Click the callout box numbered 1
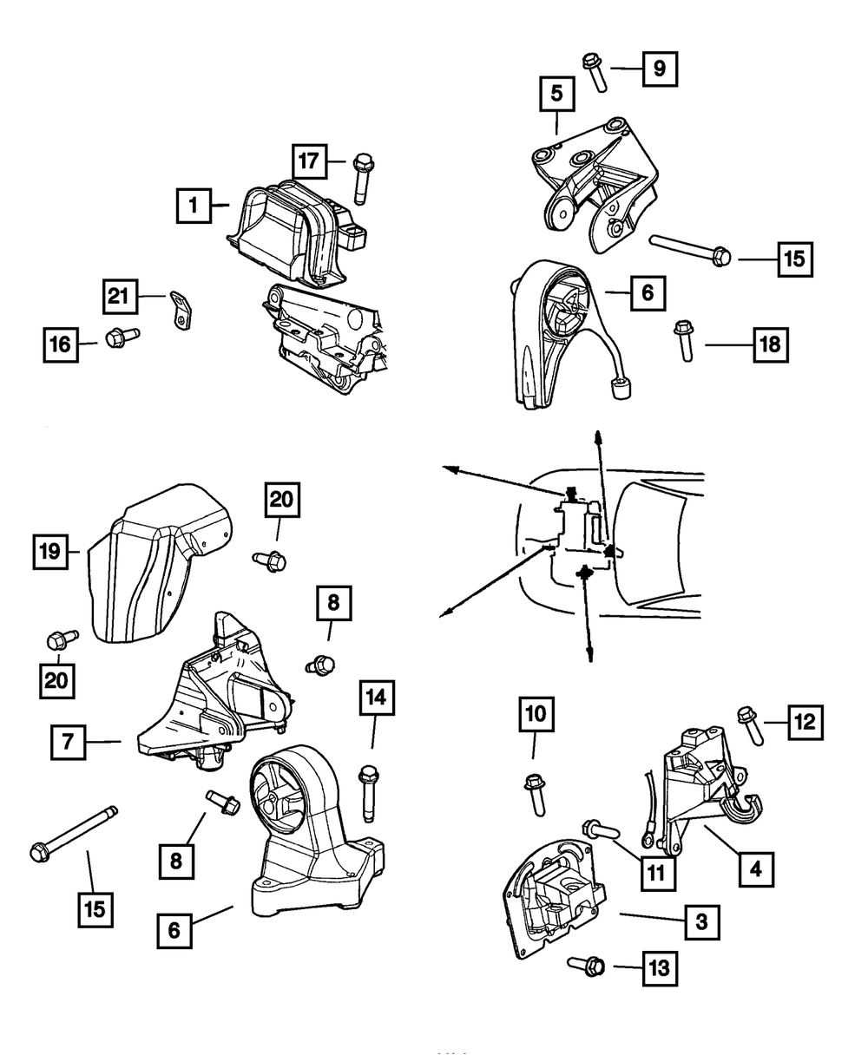click(x=193, y=206)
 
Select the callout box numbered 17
click(x=308, y=161)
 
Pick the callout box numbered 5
click(x=556, y=94)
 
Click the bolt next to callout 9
click(x=595, y=69)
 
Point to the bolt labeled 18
click(x=683, y=340)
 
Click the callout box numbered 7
click(x=69, y=743)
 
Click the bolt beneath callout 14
click(x=369, y=790)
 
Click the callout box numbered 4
click(x=758, y=867)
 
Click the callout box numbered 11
click(x=657, y=869)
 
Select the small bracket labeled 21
click(x=180, y=310)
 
